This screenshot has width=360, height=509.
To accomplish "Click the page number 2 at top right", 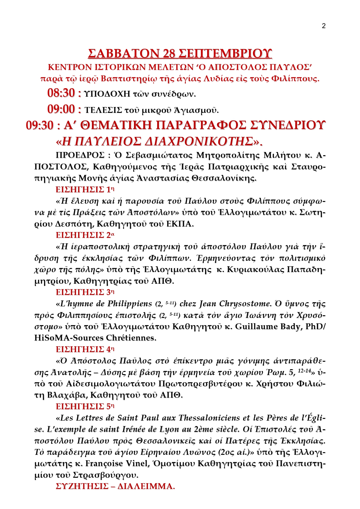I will point(324,26).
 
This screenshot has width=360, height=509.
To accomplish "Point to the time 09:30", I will point(40,126).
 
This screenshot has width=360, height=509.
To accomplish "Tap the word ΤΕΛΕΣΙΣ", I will point(103,110).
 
